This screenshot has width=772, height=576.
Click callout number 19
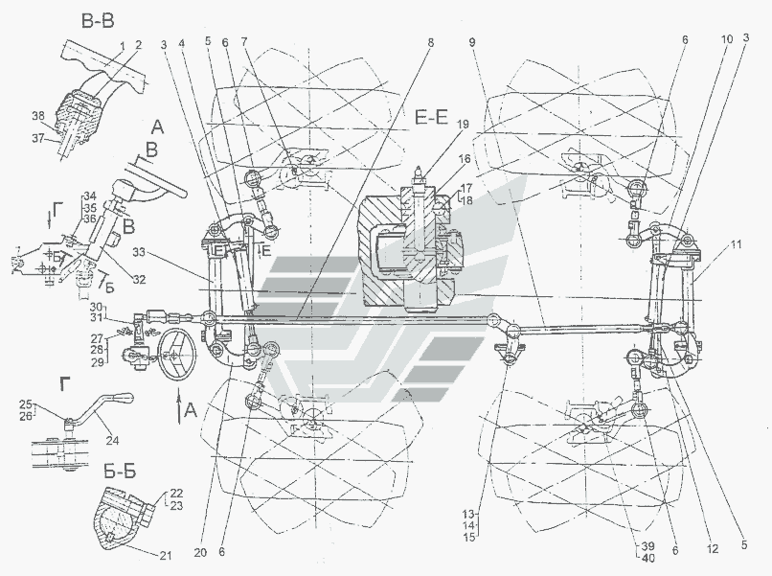[463, 125]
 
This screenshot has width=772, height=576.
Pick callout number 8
[431, 43]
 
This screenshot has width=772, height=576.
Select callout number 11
[735, 246]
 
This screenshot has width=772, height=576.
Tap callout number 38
[38, 115]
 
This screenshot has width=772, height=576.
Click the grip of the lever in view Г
[124, 398]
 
